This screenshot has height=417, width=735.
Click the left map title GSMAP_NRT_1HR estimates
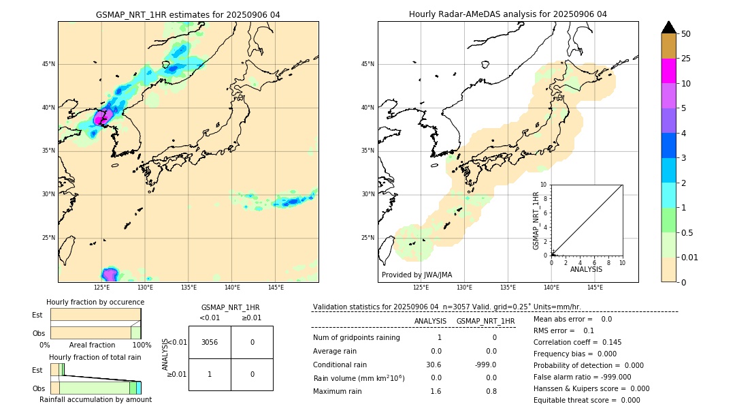(188, 14)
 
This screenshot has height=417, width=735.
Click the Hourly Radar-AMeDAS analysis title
(508, 14)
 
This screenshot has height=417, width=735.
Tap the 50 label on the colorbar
(686, 33)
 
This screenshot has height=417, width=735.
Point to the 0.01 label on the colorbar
(690, 257)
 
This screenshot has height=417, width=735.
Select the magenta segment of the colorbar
(668, 71)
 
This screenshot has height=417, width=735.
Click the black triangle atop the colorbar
(668, 27)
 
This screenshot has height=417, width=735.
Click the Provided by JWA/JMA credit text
(416, 275)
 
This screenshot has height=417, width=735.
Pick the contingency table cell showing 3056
(210, 342)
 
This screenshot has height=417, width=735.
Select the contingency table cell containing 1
(210, 374)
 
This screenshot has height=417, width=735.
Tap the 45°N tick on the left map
(48, 64)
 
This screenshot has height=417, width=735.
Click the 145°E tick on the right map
(595, 288)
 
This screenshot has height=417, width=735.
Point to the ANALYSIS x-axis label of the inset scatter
(586, 269)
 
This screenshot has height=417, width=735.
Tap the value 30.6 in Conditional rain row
(436, 365)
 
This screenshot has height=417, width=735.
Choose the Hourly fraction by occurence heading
(95, 302)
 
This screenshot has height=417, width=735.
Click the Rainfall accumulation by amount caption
(95, 399)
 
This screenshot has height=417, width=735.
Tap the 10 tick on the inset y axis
(543, 185)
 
